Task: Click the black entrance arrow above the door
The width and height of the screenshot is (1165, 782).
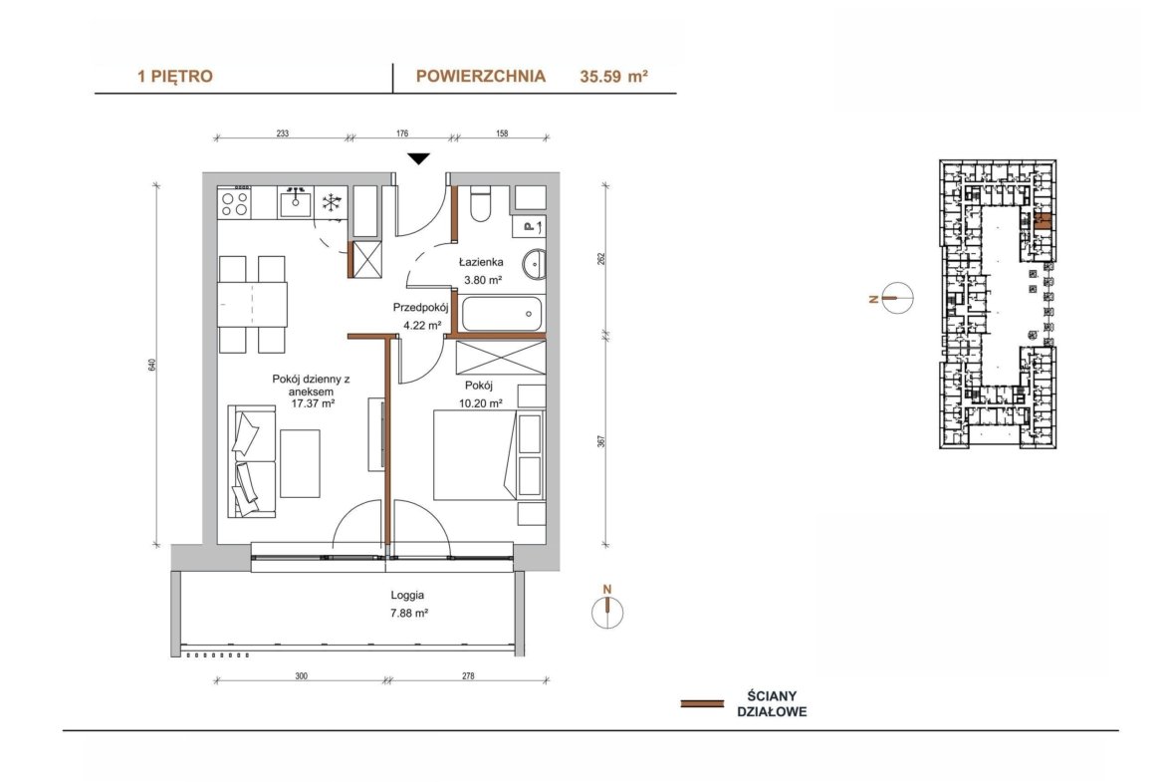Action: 419,158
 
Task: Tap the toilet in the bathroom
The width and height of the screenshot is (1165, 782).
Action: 481,204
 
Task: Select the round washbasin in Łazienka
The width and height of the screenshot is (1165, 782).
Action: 534,265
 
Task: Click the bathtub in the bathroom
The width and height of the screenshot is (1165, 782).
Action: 502,314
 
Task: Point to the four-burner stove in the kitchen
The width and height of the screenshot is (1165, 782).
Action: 235,203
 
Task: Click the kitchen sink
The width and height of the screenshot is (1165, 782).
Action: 295,201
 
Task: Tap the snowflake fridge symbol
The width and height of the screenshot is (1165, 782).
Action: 331,201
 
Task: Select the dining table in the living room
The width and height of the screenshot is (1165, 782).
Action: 253,304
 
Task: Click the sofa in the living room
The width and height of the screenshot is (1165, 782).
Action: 251,461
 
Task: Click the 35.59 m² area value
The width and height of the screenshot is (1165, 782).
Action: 613,76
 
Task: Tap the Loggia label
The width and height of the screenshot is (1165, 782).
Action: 408,596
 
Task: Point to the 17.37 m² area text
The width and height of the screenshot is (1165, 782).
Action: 312,403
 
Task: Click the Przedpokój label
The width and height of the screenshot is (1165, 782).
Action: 420,308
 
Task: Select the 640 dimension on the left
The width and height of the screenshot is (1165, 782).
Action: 152,365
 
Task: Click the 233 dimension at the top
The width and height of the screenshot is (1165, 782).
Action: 283,133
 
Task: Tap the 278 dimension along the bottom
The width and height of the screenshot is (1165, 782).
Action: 467,676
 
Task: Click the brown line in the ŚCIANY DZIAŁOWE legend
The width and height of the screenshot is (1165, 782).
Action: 702,703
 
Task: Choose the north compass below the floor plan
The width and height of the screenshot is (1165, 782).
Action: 607,612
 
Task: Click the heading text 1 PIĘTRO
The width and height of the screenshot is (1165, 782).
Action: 175,76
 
